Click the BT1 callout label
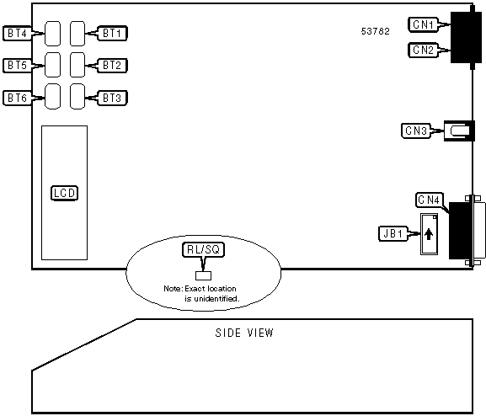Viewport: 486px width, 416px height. tap(112, 33)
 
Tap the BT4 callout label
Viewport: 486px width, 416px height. tap(18, 33)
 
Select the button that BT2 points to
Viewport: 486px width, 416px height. tap(77, 65)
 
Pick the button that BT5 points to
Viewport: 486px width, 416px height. tap(52, 65)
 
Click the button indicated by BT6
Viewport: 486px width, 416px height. tap(52, 96)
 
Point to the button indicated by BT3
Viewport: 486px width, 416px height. tap(77, 96)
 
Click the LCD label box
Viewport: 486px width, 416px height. tap(64, 193)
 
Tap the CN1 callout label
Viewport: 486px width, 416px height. tap(423, 24)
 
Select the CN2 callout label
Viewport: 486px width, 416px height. tap(423, 50)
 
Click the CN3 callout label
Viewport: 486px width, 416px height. tap(416, 131)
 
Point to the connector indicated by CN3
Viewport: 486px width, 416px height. tap(459, 131)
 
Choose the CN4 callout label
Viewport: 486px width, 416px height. tap(430, 200)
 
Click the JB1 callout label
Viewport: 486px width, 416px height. tap(393, 233)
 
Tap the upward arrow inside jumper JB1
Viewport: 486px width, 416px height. tap(429, 234)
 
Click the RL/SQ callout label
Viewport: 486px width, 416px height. tap(203, 249)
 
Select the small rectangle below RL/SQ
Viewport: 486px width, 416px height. tap(203, 275)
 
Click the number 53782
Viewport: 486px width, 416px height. tap(376, 31)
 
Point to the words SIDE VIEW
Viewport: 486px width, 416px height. tap(244, 333)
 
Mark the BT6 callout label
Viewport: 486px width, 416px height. tap(18, 98)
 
